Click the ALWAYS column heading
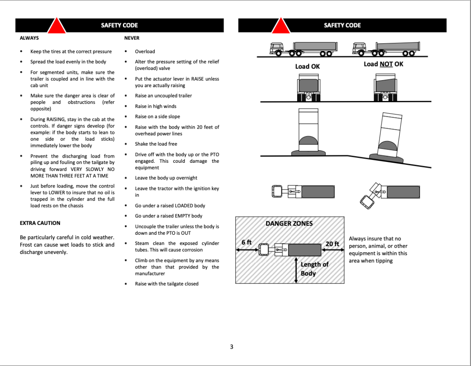[x=29, y=38]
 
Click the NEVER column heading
[x=132, y=38]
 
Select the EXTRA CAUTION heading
[x=40, y=223]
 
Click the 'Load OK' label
[x=307, y=66]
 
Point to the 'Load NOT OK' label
[x=383, y=64]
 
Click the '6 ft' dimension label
[x=246, y=242]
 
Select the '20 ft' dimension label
[x=332, y=244]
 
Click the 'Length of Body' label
[x=314, y=269]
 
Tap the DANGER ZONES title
[x=289, y=223]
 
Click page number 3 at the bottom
[x=232, y=347]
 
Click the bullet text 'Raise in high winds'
[x=155, y=106]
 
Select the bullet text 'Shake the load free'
[x=156, y=144]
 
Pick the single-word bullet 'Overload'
[x=145, y=51]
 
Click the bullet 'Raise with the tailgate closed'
[x=166, y=284]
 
